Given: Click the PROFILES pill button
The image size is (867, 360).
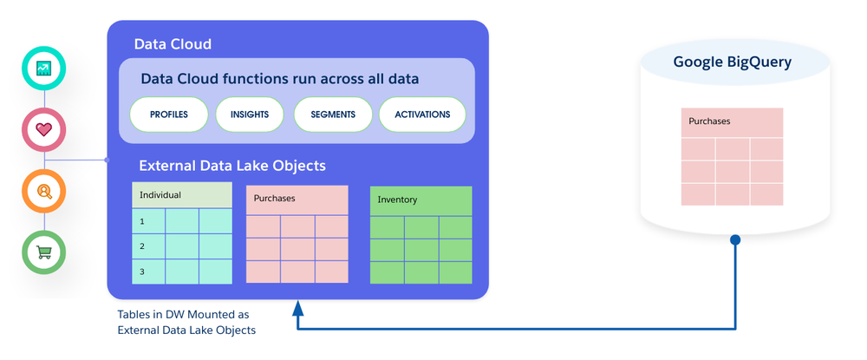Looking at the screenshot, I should [x=169, y=115].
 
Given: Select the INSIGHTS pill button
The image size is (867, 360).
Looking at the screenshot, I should [x=250, y=115].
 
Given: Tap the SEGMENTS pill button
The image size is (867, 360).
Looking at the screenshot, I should [x=333, y=115].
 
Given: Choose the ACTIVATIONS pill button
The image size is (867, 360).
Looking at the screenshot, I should [x=422, y=115].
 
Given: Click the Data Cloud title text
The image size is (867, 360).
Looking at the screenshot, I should [x=173, y=44].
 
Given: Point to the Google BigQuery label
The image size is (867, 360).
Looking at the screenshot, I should [x=732, y=62].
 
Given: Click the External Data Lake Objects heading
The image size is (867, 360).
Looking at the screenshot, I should [x=232, y=166].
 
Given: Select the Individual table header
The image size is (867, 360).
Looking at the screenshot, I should [x=182, y=195].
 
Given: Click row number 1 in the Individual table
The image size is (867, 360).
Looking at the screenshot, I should [x=148, y=221].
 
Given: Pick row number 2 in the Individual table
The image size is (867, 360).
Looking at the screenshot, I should [x=148, y=246].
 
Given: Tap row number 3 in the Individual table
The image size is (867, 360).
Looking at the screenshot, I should [x=148, y=272].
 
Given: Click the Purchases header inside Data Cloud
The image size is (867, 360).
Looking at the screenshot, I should [x=297, y=199].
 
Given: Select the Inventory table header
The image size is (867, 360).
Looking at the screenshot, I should [x=420, y=200].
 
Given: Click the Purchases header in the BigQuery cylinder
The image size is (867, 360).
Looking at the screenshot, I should [x=732, y=122].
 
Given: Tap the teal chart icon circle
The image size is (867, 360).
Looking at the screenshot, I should [x=43, y=68].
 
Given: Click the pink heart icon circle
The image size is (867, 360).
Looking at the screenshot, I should [x=43, y=130].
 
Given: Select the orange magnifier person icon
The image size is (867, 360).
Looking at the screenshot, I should [x=43, y=192].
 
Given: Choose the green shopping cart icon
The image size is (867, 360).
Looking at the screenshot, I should [x=43, y=252].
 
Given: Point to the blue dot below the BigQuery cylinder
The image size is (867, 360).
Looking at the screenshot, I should [x=735, y=240].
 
